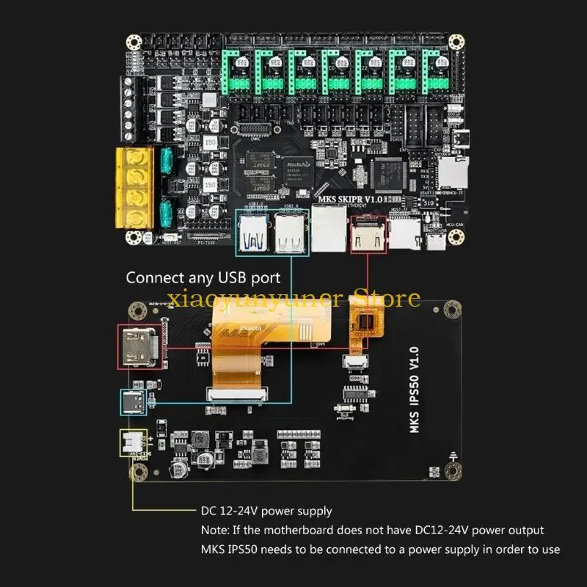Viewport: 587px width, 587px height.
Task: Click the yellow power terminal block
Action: (x=135, y=188)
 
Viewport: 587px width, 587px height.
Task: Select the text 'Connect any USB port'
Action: (x=203, y=278)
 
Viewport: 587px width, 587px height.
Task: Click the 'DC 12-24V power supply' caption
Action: (x=266, y=511)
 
